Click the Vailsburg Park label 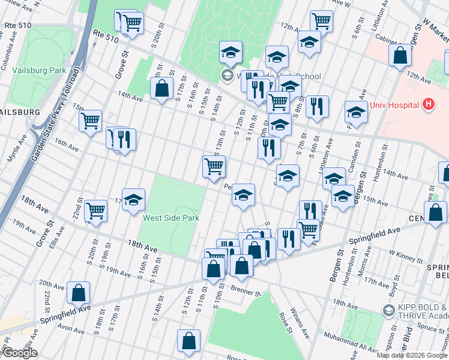point(41,70)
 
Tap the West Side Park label point(170,218)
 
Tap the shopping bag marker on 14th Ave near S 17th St point(161,89)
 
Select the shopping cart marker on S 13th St point(214,167)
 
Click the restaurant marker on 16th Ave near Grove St point(124,140)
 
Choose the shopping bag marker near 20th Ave point(79,293)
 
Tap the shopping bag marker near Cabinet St point(400,56)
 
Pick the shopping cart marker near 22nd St point(96,211)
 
